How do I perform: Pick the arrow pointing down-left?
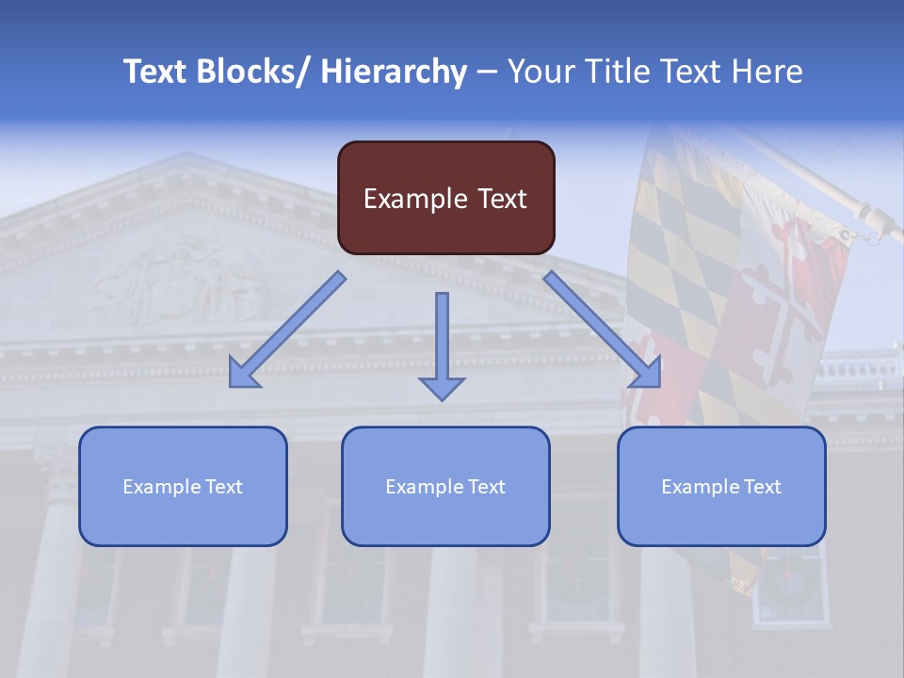pos(286,331)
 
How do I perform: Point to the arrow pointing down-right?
pos(603,331)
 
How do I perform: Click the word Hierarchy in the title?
pos(394,72)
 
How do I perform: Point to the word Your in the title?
pos(541,72)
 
